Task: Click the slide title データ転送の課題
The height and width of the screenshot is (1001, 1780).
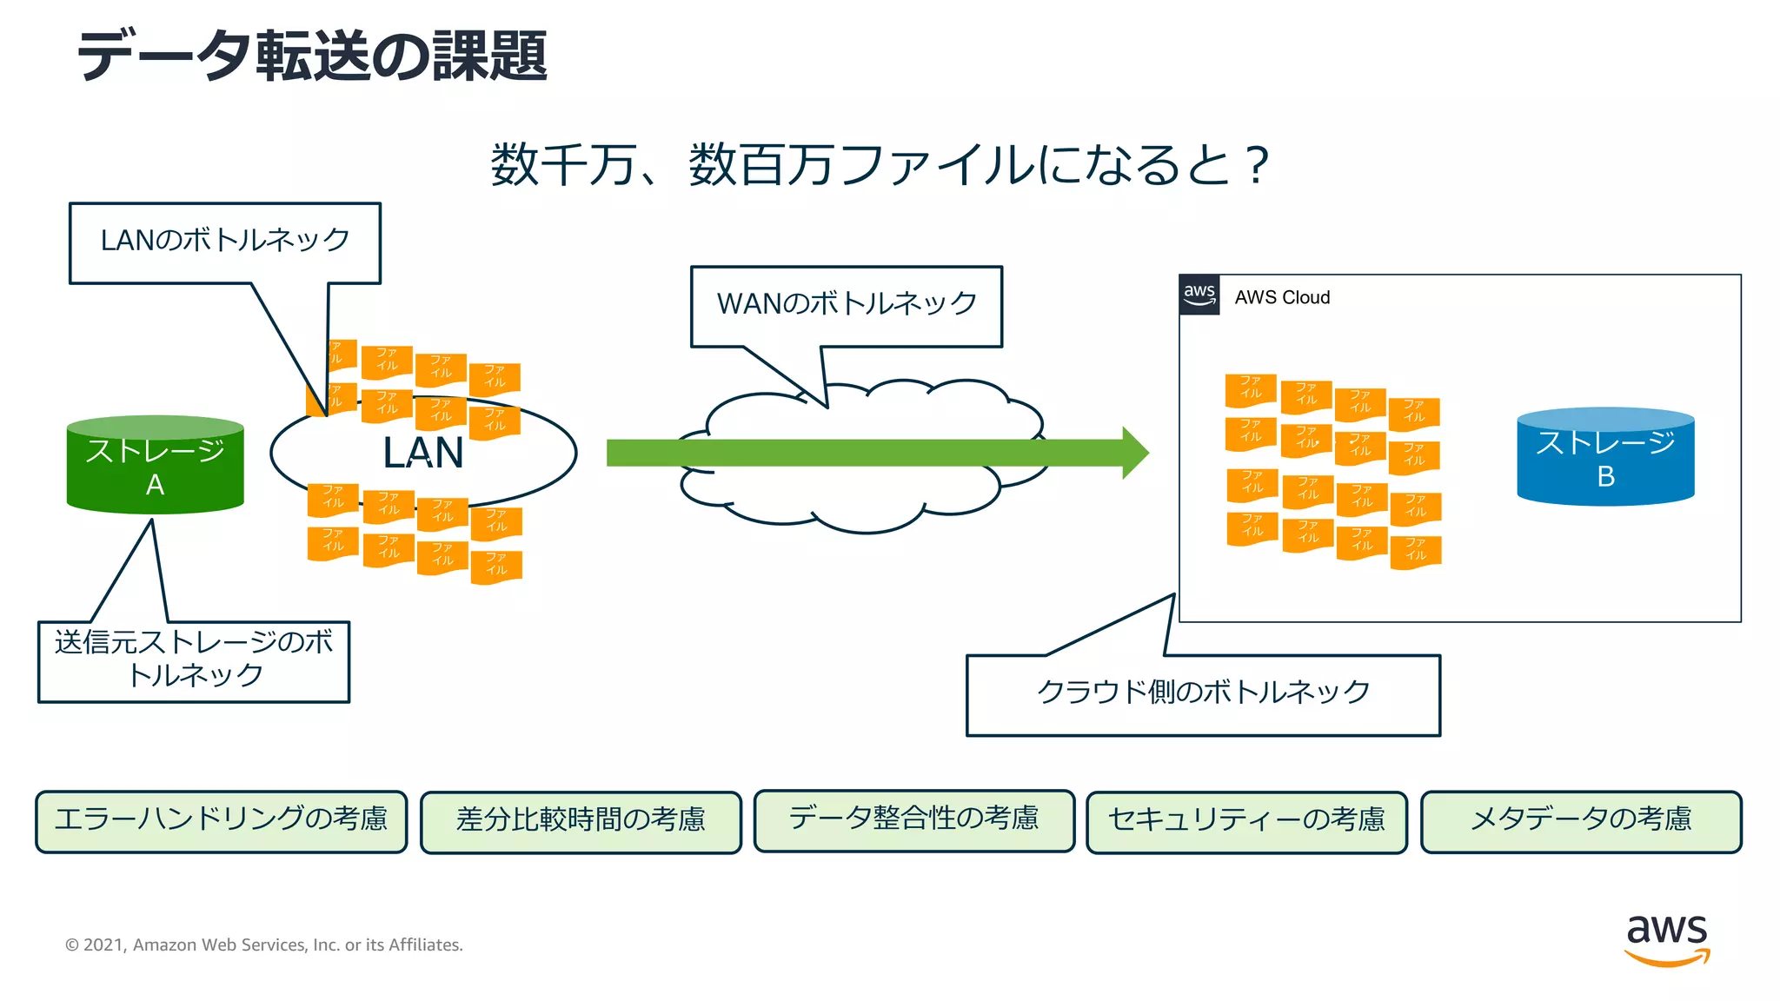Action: click(x=313, y=56)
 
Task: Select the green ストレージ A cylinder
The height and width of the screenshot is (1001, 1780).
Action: click(x=155, y=467)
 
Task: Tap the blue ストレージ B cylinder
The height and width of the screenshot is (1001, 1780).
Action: click(x=1604, y=459)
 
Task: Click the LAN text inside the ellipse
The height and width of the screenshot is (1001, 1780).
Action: click(x=423, y=453)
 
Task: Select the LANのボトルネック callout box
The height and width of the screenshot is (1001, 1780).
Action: click(x=224, y=242)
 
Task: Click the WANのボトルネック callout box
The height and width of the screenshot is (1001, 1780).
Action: click(x=846, y=305)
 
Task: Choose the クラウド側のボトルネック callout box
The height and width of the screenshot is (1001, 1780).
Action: click(x=1203, y=694)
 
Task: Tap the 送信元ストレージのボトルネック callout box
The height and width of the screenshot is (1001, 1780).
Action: click(x=194, y=660)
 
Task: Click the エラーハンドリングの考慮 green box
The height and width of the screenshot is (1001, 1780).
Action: click(x=221, y=820)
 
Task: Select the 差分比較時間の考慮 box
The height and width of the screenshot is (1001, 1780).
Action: click(x=581, y=821)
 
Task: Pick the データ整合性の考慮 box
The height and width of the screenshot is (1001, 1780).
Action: click(x=913, y=819)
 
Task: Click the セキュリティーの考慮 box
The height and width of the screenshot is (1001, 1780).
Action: click(x=1246, y=821)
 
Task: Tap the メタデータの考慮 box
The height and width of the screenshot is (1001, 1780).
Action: click(x=1580, y=820)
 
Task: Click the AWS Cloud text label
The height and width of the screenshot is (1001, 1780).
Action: click(x=1282, y=297)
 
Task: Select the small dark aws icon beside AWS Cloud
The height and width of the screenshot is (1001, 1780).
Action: click(x=1199, y=295)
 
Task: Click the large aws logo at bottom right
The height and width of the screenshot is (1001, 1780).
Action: click(x=1666, y=938)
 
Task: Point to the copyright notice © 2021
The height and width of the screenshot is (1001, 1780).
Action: click(x=263, y=945)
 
